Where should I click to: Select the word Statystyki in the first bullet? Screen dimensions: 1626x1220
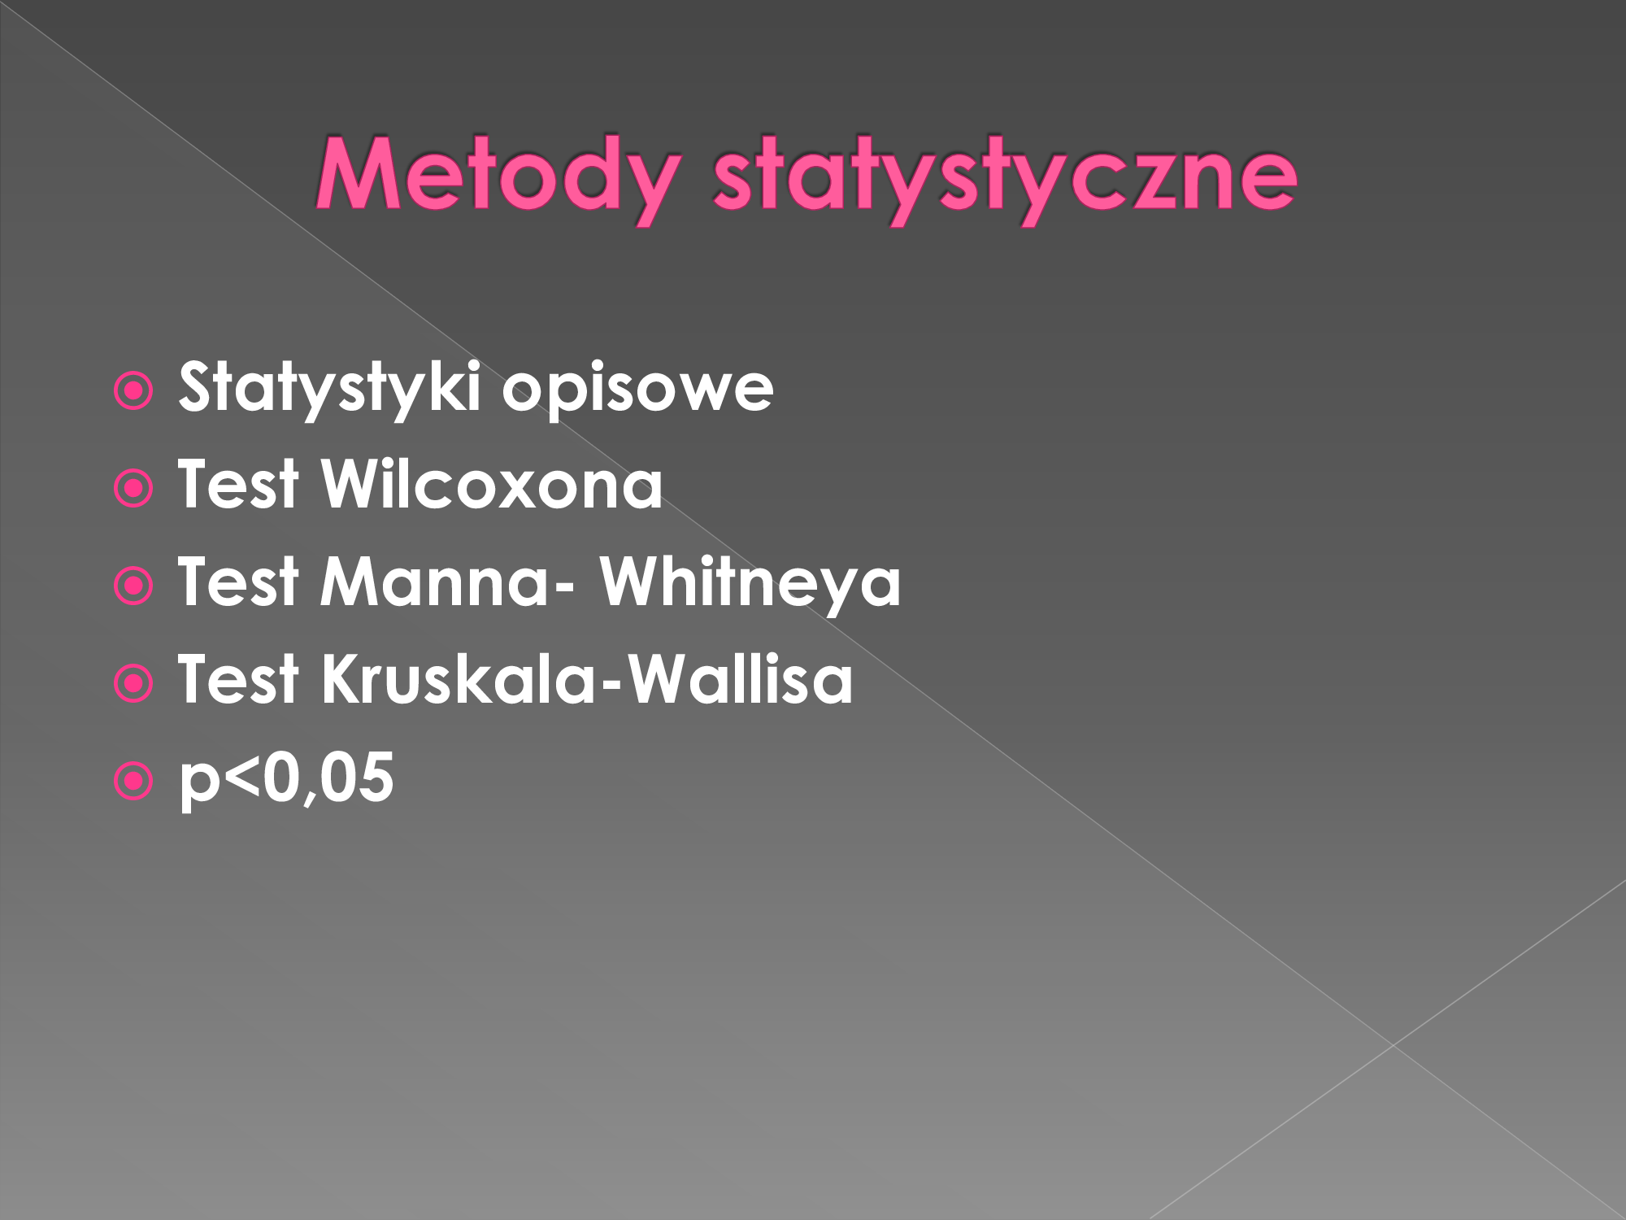pos(330,389)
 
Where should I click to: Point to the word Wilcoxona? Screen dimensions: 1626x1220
pos(493,485)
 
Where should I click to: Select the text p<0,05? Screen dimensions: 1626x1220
pos(286,779)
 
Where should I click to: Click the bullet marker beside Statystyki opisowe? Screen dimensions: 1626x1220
pos(134,391)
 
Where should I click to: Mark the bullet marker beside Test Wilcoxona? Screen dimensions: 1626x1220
pos(134,489)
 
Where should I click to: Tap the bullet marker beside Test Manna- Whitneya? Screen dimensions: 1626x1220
pos(134,586)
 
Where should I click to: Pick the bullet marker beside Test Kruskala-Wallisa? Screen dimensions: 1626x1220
pos(134,684)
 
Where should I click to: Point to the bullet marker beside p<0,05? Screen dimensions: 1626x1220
pos(134,782)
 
